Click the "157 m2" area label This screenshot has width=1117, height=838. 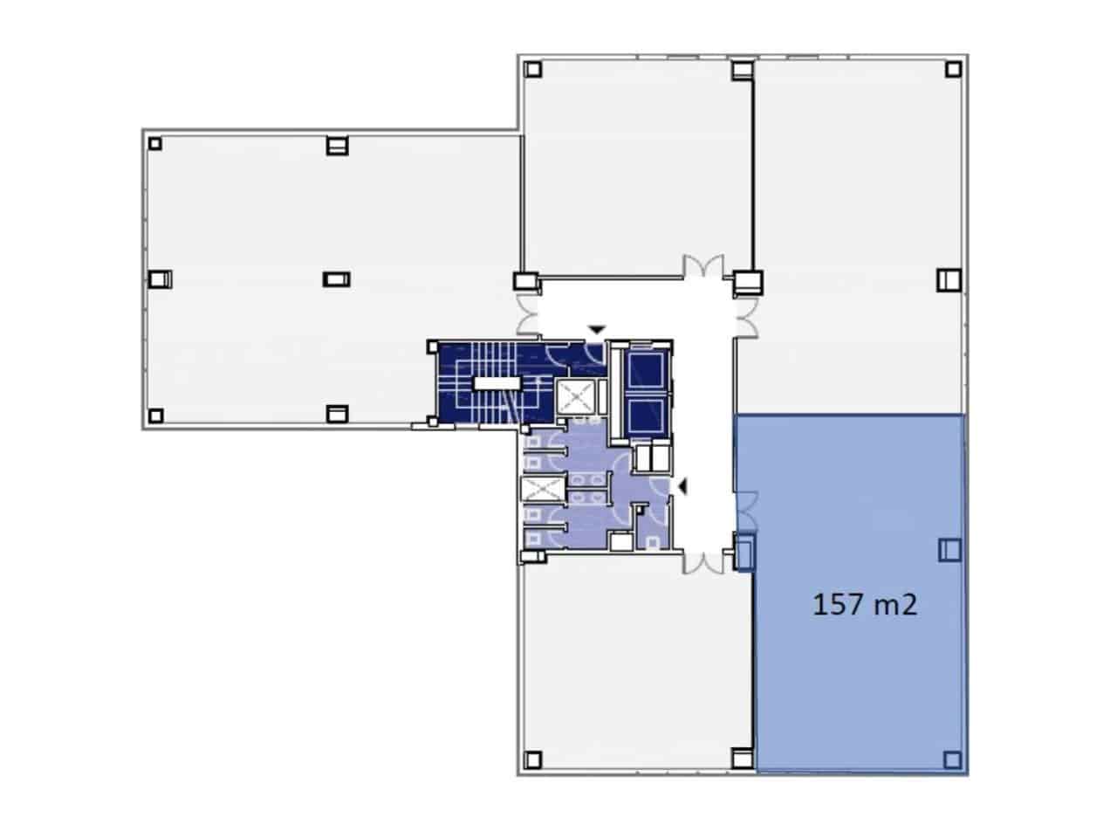865,604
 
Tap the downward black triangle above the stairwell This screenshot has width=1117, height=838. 596,329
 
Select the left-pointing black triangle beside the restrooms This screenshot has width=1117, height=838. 682,486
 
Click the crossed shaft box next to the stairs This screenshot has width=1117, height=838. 575,398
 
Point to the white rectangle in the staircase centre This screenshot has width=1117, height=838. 495,382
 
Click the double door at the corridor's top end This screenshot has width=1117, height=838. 702,266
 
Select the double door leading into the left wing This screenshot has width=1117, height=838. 529,317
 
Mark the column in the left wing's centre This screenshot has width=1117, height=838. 336,279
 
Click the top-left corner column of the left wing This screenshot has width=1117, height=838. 155,143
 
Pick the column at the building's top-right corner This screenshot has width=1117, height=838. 953,69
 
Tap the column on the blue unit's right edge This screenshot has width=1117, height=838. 949,549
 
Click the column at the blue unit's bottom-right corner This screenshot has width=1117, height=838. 952,759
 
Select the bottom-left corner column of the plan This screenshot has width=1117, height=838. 533,759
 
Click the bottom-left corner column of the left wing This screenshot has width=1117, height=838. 155,415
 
